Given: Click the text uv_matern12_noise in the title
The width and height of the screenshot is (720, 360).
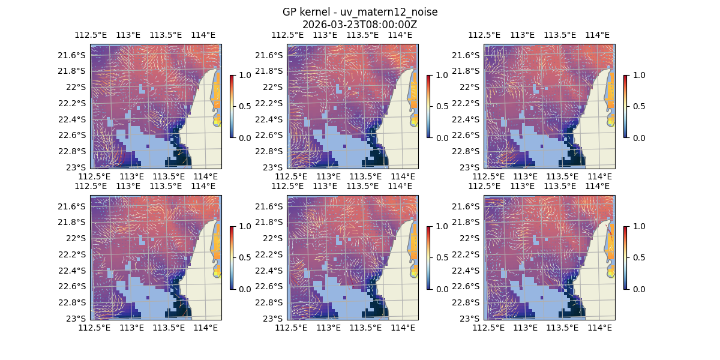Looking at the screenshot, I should tap(393, 13).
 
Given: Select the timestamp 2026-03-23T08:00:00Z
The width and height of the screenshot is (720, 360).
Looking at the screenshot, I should tap(360, 25).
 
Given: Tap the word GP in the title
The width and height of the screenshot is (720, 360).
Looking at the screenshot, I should tap(289, 13).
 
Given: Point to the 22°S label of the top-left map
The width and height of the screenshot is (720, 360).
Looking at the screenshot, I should tap(77, 87).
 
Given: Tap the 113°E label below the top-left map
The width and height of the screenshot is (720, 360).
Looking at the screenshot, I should tap(132, 176).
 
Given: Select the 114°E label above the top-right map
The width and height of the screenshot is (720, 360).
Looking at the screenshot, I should tap(597, 35).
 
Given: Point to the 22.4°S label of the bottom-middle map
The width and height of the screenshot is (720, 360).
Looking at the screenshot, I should tap(270, 270).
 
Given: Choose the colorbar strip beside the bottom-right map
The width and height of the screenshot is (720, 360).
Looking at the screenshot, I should tap(625, 257).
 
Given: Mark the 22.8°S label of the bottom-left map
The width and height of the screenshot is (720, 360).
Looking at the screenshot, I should tap(73, 302).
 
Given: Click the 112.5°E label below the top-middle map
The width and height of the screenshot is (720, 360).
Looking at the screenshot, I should tap(292, 176).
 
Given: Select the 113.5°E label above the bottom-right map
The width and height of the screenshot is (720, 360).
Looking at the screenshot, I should tap(560, 187).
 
